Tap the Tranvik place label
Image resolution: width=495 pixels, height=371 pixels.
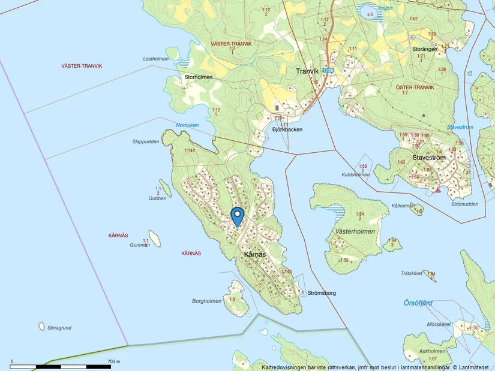[307, 71]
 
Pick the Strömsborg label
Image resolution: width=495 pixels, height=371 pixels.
[322, 293]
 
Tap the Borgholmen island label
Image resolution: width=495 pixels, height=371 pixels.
[207, 301]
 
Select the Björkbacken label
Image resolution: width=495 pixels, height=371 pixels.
[287, 129]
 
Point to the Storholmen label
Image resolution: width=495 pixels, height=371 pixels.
[199, 77]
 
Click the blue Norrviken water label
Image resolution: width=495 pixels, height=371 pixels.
[187, 125]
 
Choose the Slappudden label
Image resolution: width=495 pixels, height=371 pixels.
[146, 142]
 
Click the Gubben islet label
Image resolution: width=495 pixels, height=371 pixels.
[157, 198]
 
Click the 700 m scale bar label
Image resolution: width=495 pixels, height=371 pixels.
[114, 362]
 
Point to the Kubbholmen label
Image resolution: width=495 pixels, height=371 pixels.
[354, 175]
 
